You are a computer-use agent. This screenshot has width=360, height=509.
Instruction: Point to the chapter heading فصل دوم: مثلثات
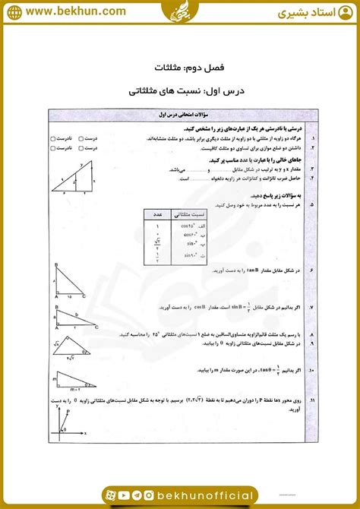(x=180, y=67)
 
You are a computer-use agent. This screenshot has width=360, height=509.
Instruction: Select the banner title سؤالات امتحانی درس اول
(x=180, y=113)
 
